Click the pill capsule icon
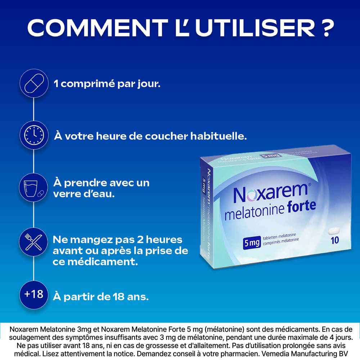[33, 83]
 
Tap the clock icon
[33, 135]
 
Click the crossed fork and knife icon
[33, 242]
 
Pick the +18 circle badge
[33, 294]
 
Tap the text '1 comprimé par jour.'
[107, 84]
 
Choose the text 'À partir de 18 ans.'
[101, 297]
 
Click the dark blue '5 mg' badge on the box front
[252, 243]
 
